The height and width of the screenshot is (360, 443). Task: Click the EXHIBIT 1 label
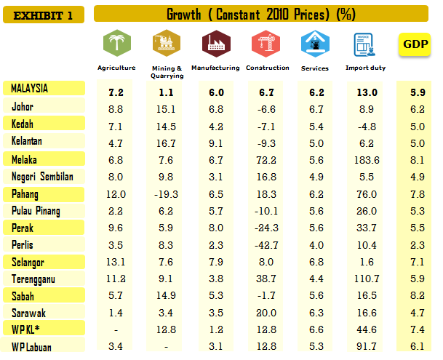(43, 15)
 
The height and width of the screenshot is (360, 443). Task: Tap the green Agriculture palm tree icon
(116, 44)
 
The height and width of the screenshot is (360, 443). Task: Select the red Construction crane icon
(262, 44)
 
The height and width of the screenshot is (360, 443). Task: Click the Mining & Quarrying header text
(167, 71)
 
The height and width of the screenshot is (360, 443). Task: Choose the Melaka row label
(26, 159)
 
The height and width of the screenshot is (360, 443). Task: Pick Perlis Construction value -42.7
(262, 244)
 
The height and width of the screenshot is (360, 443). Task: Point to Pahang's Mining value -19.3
(166, 193)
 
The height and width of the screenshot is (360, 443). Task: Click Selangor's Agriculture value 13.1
(116, 261)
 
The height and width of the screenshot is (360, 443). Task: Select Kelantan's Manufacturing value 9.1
(215, 142)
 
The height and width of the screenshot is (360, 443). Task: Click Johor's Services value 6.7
(315, 108)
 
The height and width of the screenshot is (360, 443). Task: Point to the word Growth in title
(186, 15)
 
